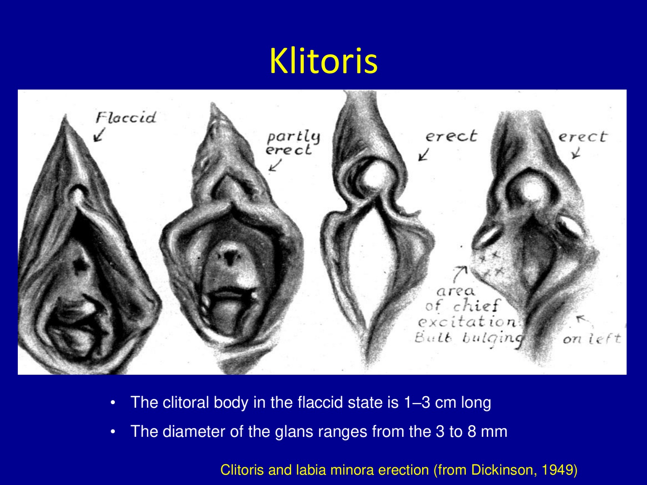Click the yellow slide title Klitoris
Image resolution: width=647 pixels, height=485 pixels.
(x=323, y=61)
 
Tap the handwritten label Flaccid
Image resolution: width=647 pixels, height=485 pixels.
(x=126, y=118)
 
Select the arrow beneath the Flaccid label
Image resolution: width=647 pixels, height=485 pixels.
(x=99, y=135)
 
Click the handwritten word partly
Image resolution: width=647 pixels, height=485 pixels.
(x=293, y=137)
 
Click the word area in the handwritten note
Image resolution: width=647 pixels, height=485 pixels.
(x=456, y=291)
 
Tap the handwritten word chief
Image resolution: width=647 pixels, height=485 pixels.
(x=477, y=306)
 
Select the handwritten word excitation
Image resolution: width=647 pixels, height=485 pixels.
(x=468, y=322)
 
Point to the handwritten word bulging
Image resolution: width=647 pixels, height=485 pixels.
(x=493, y=339)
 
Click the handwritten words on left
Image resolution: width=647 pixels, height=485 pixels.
(x=592, y=339)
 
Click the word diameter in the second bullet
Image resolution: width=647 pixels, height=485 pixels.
(x=194, y=431)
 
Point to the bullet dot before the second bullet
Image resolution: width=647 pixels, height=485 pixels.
(x=112, y=432)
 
